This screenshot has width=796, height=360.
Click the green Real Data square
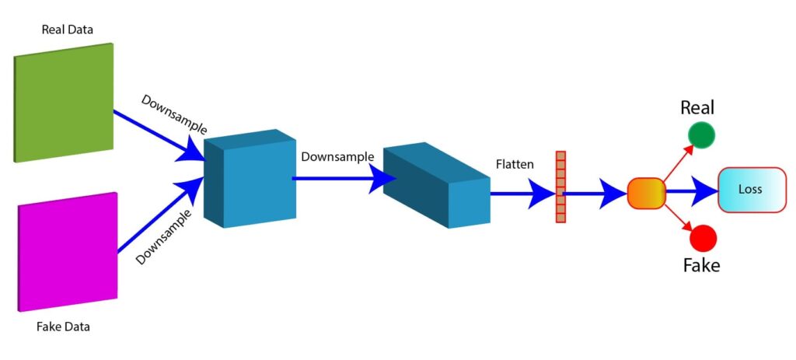coord(64,102)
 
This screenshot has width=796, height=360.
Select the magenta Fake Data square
coord(67,252)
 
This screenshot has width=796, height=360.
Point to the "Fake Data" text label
coord(63,327)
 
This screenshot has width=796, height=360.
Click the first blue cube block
coord(250,179)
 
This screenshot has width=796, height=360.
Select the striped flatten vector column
coord(560,187)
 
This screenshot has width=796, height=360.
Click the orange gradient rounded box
coord(646,193)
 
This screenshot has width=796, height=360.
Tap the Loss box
coord(752,189)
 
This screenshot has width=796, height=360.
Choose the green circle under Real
coord(701,135)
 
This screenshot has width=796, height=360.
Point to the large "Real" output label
coord(697,107)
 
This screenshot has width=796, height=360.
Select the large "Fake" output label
coord(701,265)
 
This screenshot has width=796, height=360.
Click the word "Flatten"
coord(515,165)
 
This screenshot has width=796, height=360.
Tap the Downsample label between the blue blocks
coord(337,156)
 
